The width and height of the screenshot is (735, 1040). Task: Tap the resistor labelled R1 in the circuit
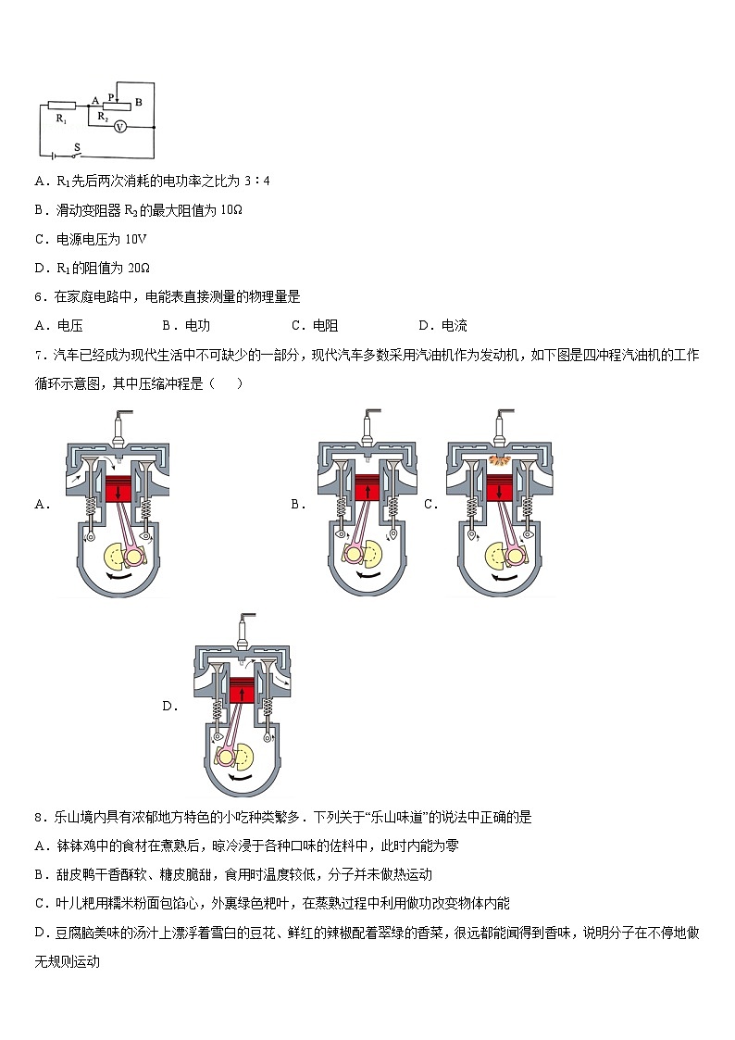tap(62, 106)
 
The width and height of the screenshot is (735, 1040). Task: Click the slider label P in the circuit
tap(110, 96)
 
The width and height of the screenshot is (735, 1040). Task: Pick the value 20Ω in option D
tap(137, 268)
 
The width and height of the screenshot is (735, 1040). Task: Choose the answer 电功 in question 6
tap(197, 325)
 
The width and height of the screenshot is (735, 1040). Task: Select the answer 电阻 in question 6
tap(325, 325)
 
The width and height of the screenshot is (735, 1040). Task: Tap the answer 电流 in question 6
tap(454, 325)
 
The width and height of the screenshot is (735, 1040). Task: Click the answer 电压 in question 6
tap(69, 325)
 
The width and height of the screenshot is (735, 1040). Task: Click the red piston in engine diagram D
tap(243, 691)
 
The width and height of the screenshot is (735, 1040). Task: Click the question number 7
tap(38, 355)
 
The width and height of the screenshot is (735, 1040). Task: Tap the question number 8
tap(38, 817)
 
